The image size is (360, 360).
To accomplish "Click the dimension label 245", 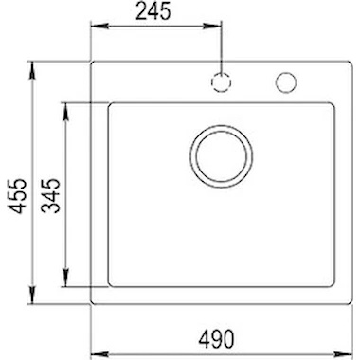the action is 153,12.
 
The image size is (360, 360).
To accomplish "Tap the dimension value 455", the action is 17,195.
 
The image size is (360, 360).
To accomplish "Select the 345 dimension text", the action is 50,195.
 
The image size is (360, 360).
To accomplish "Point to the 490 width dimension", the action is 217,338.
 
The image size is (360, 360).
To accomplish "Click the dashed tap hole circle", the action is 221,82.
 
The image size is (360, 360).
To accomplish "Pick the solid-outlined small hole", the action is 285,82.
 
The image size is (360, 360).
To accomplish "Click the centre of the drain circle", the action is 222,156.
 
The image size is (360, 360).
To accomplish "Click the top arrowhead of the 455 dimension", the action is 32,70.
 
